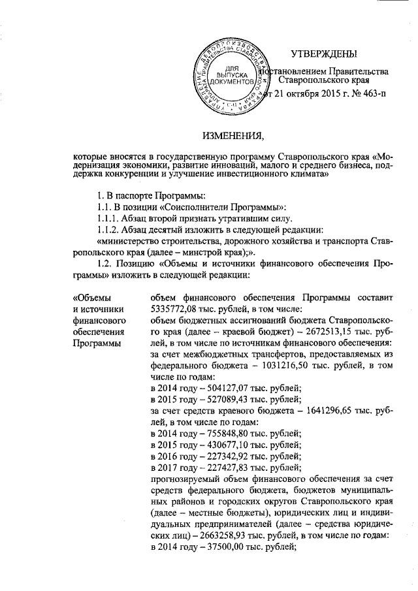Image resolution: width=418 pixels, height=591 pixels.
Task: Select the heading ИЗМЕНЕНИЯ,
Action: click(229, 136)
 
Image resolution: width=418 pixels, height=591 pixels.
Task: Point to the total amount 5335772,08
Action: click(175, 310)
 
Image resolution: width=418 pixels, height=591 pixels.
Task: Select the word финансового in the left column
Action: click(99, 321)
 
